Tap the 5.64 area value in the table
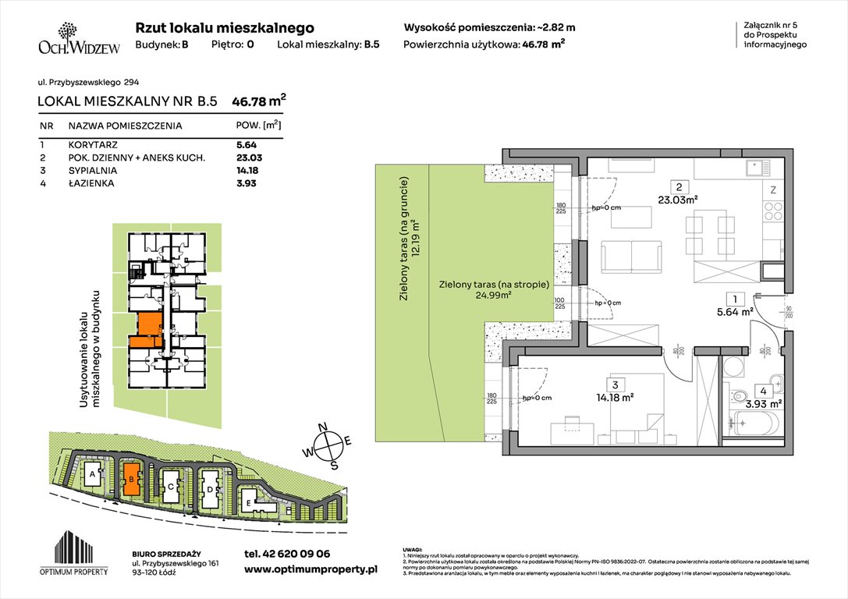(247, 144)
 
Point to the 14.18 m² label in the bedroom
(616, 397)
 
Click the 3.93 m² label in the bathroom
(765, 403)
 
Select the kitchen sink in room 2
(755, 167)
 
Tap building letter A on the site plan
(92, 473)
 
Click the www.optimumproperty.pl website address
(310, 570)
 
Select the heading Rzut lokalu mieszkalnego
(225, 27)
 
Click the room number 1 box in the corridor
(733, 297)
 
